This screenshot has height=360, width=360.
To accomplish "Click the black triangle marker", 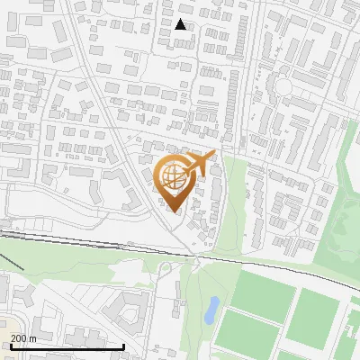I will (x=181, y=24).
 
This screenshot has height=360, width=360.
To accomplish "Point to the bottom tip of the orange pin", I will (x=173, y=212).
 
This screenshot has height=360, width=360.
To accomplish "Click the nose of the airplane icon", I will (x=213, y=156).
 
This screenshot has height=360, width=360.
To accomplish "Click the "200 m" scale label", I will (x=24, y=338).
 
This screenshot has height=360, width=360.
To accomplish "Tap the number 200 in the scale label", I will (x=20, y=338).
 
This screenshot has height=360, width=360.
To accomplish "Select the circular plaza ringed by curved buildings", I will (x=283, y=87).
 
